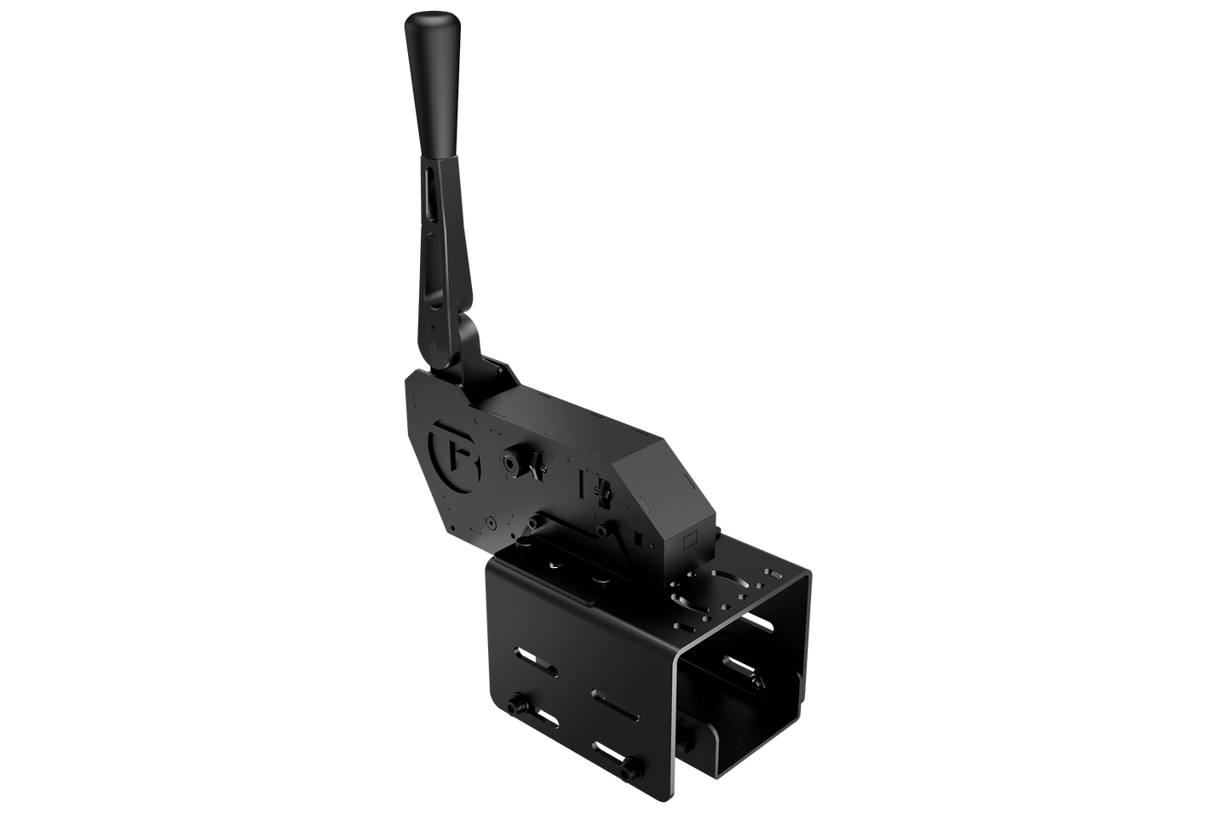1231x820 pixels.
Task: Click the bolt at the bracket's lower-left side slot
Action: (515, 708)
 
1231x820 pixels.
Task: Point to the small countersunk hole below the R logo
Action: (491, 521)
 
